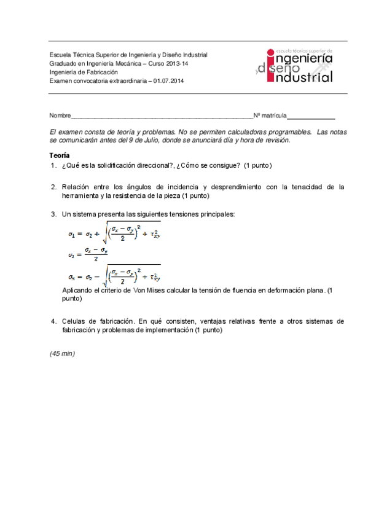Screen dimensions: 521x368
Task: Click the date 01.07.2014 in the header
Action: click(x=168, y=80)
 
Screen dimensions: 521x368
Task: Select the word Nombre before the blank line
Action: click(x=60, y=116)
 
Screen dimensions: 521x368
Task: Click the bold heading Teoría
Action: click(x=60, y=155)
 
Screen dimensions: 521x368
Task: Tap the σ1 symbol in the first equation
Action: click(x=71, y=234)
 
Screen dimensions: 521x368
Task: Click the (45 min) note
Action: click(x=62, y=353)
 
